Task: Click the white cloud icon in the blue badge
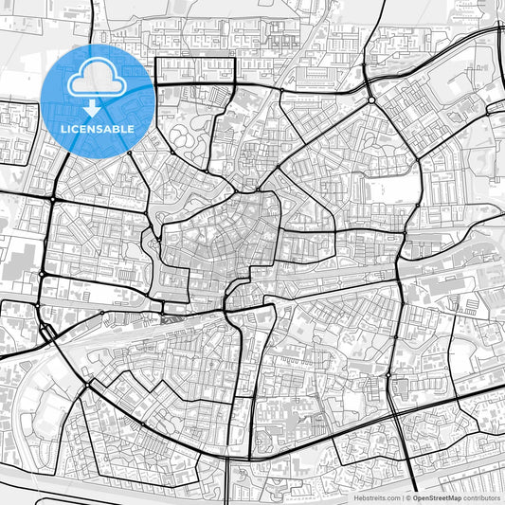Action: (x=97, y=76)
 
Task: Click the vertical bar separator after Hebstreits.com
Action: (x=404, y=496)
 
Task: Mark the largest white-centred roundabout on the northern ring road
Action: (x=371, y=99)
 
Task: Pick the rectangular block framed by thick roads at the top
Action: (x=194, y=70)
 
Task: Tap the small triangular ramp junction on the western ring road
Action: (x=45, y=331)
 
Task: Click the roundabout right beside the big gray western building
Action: (x=43, y=274)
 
